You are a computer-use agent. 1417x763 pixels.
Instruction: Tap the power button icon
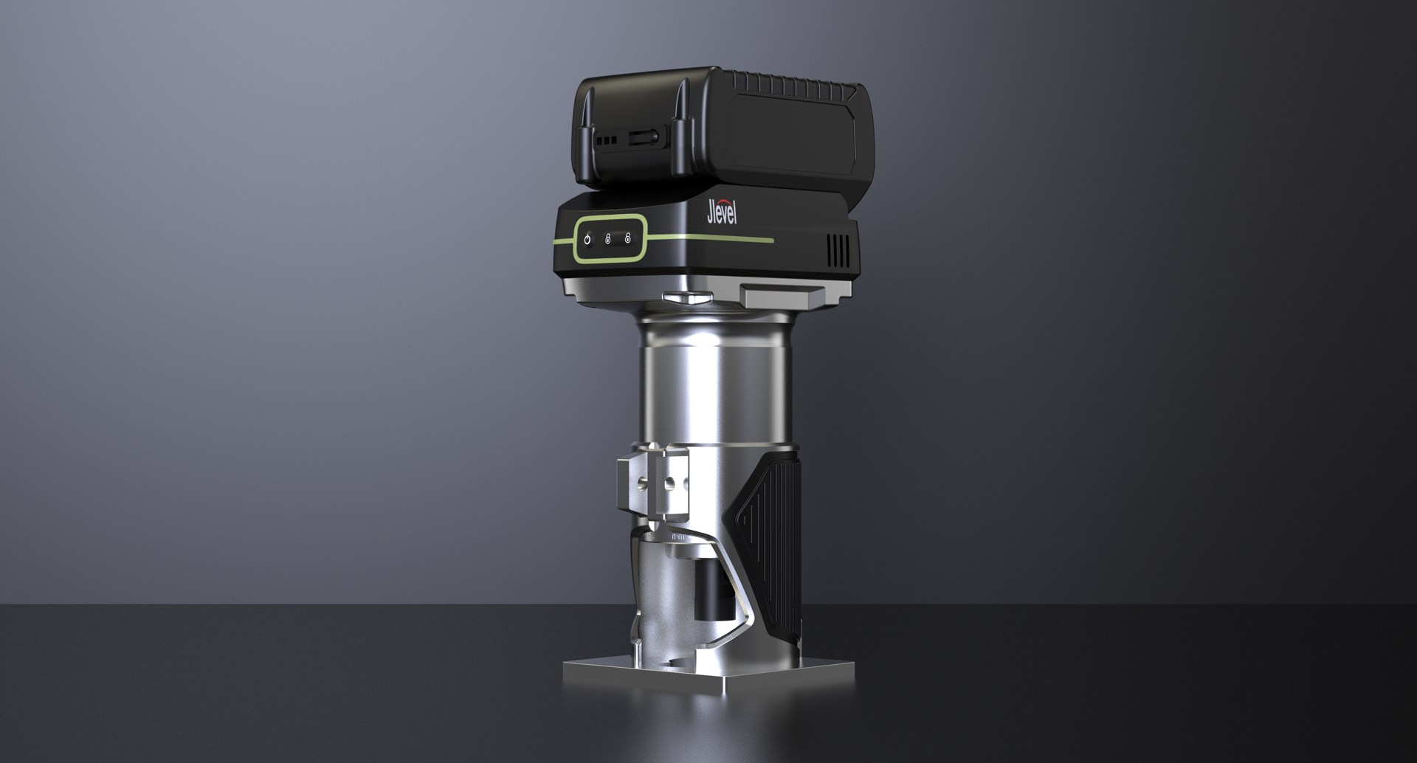(587, 239)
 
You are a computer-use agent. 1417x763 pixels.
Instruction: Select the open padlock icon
(627, 238)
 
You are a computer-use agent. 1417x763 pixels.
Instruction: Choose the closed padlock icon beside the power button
(607, 239)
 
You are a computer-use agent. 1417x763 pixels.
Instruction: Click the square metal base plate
(708, 675)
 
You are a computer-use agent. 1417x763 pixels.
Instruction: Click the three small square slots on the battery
(606, 139)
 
